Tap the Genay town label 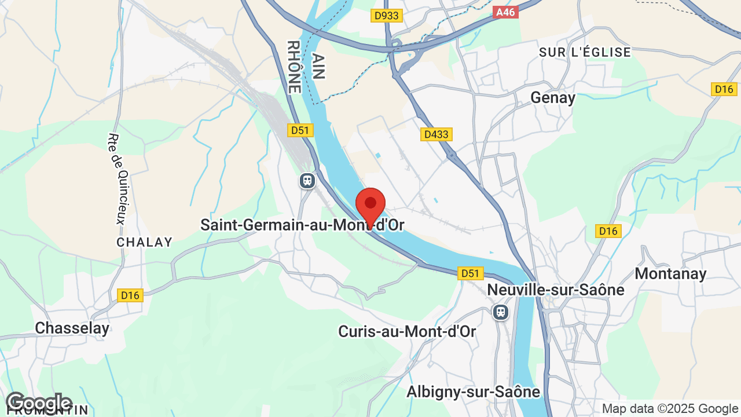point(553,98)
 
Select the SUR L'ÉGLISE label point(585,52)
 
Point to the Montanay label point(670,273)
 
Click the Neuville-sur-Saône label point(556,290)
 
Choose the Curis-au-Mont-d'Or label point(407,331)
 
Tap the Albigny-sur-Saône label point(473,392)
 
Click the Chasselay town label point(72,328)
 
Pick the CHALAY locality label point(145,242)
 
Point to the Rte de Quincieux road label point(116,180)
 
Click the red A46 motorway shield point(505,12)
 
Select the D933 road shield point(386,16)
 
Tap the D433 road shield point(436,134)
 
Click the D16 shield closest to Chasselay point(130,295)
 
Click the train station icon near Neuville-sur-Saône point(500,312)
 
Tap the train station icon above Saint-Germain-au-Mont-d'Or point(307,181)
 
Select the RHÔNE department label point(294,67)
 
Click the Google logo point(38,402)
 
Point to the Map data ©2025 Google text point(670,409)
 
